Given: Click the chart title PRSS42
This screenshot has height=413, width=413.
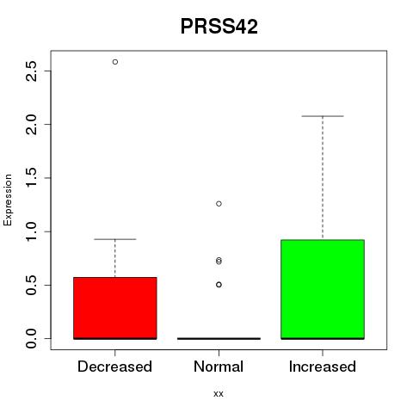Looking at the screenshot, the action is pos(219,27).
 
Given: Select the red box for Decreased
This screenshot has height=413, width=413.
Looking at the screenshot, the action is pos(115,308).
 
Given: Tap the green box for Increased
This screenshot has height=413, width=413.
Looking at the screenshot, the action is pos(323,289).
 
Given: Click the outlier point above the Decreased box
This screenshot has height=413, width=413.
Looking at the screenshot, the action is pos(115,62).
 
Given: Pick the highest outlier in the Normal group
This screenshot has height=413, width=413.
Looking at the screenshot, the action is pos(219,204).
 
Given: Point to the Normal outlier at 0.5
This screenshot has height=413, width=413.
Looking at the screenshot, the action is pos(219,285).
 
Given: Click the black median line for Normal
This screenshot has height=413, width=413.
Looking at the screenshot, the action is pos(219,338).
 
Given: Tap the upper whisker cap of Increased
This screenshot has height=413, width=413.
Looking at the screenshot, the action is pos(323,116).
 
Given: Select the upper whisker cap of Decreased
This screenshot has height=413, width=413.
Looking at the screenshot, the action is pos(115,239).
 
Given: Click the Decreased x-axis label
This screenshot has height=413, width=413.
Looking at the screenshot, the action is pos(114,367).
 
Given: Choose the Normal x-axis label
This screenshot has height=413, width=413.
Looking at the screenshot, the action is pos(219,367).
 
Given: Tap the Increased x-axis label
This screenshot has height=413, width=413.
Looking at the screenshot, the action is pos(323,367).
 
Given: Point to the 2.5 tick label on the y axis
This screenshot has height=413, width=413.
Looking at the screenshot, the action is pos(31,71).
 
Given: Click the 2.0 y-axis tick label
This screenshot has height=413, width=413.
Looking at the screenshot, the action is pos(31,124).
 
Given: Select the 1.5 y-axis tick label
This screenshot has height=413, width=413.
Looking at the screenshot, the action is pos(31,178).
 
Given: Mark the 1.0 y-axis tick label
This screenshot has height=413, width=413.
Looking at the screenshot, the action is pos(31,231).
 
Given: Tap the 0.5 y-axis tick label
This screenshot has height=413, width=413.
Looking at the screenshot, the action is pos(31,285).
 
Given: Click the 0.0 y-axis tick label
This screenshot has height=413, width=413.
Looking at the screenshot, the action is pos(31,338).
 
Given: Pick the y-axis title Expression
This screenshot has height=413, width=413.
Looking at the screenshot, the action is pos(8,200).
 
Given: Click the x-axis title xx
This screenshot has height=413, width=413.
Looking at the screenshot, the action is pos(219,394).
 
